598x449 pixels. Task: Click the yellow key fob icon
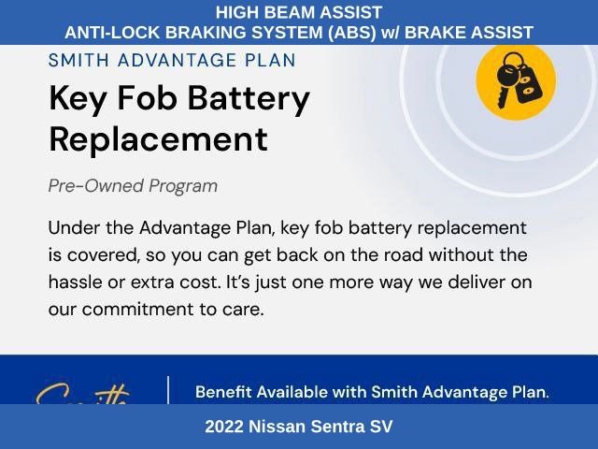click(516, 81)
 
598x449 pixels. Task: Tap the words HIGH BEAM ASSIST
click(299, 12)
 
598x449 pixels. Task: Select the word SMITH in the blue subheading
click(78, 60)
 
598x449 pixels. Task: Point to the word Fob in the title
click(147, 97)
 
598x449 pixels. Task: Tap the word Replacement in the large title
click(158, 139)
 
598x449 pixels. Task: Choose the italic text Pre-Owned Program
click(133, 186)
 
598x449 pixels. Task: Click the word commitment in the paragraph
click(138, 310)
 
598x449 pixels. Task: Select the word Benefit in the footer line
click(223, 392)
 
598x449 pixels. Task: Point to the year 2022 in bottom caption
click(224, 427)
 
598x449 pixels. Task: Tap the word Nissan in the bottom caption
click(277, 427)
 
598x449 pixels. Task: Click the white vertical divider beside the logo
click(168, 390)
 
